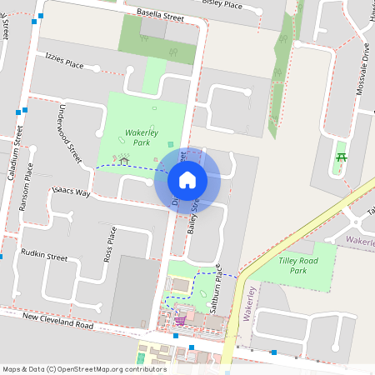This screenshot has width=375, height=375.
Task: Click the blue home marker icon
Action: point(187,179)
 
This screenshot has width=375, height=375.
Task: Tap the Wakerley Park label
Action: point(137,137)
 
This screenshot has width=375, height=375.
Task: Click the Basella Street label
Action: point(159,15)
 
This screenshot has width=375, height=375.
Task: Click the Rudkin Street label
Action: point(44,254)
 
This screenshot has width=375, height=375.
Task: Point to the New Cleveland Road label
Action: point(57,320)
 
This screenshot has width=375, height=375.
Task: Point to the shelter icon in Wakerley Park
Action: point(123,158)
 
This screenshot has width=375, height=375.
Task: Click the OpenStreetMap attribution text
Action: point(84,368)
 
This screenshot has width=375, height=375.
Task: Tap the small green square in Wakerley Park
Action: point(171,144)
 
